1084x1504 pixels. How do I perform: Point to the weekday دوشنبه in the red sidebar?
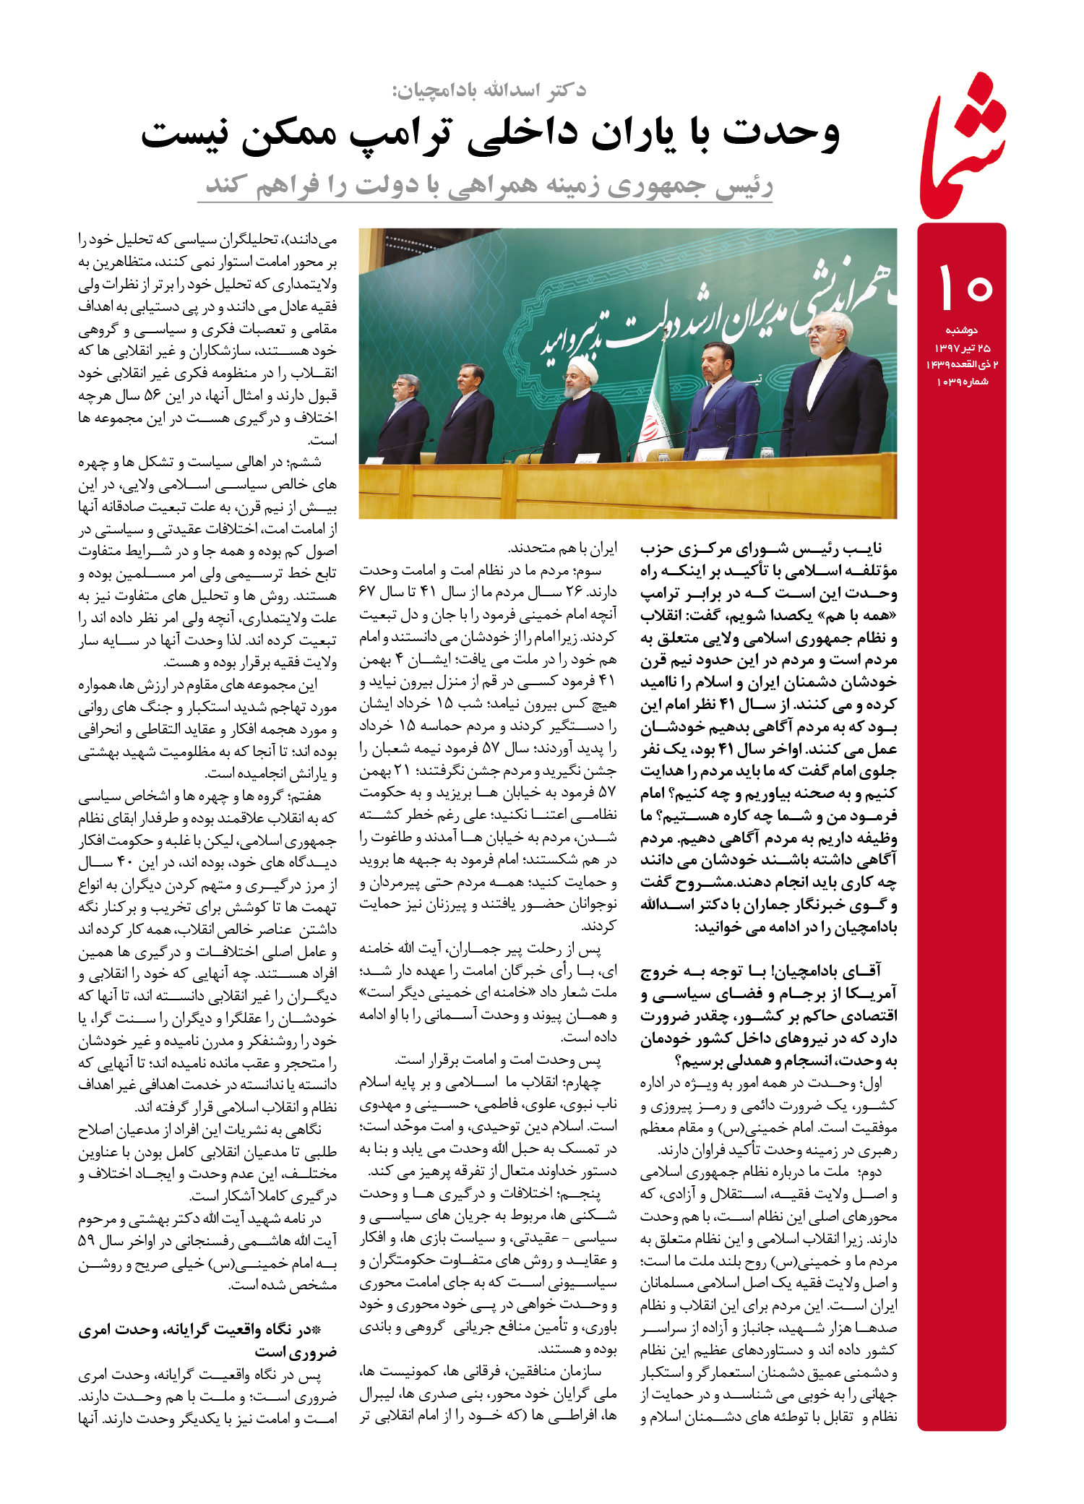[x=961, y=330]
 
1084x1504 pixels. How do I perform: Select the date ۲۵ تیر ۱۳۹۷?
[x=962, y=348]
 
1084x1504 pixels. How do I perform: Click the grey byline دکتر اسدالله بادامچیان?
[x=489, y=90]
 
